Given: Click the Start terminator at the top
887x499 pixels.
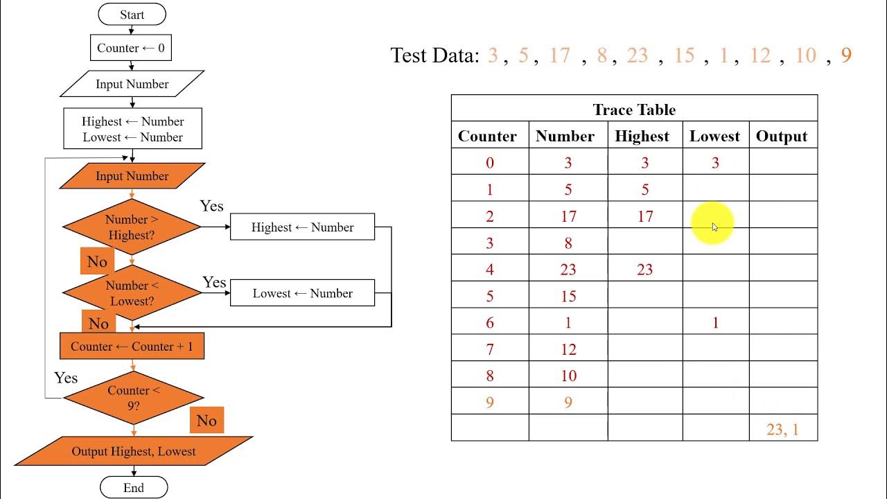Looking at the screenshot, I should pos(132,15).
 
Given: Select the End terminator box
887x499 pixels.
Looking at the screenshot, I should pos(134,488).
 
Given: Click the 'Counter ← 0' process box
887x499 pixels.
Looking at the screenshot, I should pos(131,48).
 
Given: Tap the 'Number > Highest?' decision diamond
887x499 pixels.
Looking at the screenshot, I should pos(132,227).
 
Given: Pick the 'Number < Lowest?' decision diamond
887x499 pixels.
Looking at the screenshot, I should pos(132,293).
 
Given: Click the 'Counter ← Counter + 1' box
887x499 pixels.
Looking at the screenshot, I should pos(132,347).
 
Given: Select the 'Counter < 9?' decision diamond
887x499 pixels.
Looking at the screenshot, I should pos(133,398).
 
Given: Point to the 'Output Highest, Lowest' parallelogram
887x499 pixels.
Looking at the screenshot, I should pos(134,451).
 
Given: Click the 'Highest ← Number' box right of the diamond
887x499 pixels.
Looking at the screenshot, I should pos(302,227).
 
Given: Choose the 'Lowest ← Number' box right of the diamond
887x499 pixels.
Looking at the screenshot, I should pos(302,293).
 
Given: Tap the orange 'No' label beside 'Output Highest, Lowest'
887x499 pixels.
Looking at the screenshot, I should pos(207,421).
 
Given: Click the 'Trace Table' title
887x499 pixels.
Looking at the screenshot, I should pos(634,110).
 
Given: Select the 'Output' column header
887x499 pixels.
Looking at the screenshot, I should pos(782,136).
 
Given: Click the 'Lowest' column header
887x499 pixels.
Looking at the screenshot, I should pos(714,136).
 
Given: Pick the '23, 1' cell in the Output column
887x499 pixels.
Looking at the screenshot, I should pos(782,429).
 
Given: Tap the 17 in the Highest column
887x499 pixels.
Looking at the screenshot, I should pos(645,217).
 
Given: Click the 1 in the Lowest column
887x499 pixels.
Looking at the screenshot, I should pos(715,323).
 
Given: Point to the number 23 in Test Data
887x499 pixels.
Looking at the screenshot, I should pos(637,55).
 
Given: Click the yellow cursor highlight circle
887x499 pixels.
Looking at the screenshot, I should pos(712,224).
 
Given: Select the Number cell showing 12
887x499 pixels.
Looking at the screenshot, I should pos(568,350).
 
